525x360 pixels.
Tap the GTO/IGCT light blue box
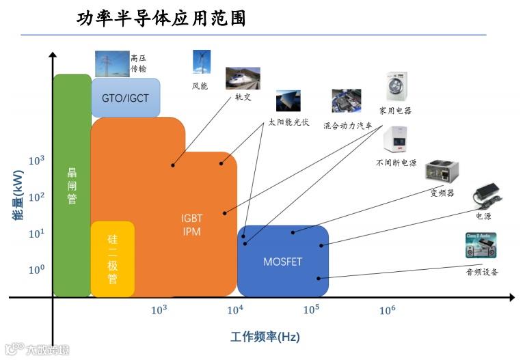[125, 98]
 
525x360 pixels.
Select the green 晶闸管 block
[72, 185]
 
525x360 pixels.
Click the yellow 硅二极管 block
[113, 259]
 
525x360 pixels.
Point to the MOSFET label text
[282, 262]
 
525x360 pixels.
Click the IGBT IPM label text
[191, 225]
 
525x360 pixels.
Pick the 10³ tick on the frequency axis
[159, 309]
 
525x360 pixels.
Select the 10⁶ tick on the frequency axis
[387, 309]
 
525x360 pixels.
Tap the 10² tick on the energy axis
[36, 197]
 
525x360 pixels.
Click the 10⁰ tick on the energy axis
[36, 270]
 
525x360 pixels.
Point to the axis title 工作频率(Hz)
[265, 337]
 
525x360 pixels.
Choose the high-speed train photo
[243, 79]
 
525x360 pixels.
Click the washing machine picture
[396, 87]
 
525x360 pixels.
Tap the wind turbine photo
[200, 62]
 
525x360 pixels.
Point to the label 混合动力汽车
[348, 126]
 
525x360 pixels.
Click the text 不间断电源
[396, 163]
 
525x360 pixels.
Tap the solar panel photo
[288, 101]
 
